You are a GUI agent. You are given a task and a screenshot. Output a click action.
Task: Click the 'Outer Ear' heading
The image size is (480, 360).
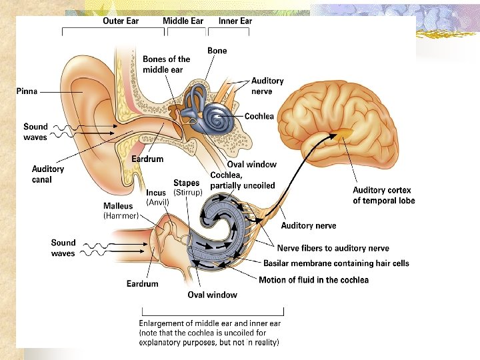click(121, 21)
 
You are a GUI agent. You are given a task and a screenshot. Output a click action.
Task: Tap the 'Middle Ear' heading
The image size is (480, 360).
click(183, 21)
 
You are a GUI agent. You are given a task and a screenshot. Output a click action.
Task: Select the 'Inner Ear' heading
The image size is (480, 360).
click(235, 21)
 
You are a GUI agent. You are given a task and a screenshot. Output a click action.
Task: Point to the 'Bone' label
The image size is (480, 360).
click(217, 51)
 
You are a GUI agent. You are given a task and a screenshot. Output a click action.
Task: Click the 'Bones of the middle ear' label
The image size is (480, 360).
click(167, 64)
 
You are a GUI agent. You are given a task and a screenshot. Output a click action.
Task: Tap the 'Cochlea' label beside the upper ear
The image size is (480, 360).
click(259, 116)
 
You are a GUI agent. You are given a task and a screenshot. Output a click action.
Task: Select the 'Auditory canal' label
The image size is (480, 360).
click(48, 174)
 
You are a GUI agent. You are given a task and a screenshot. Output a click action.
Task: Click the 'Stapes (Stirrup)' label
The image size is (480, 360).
click(188, 187)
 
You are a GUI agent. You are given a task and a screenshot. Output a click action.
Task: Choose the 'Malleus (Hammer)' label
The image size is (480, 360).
click(121, 211)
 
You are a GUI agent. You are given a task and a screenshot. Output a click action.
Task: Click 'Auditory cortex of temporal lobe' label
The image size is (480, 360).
click(383, 195)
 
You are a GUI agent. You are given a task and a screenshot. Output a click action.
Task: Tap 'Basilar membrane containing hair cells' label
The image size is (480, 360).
click(336, 263)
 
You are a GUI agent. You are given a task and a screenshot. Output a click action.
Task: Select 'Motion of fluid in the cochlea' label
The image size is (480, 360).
click(313, 280)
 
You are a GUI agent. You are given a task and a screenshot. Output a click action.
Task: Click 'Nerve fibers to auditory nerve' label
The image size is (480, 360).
click(333, 248)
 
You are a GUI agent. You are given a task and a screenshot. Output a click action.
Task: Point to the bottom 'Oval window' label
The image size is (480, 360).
click(212, 295)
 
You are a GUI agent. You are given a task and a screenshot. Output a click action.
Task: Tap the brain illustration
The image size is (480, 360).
click(347, 120)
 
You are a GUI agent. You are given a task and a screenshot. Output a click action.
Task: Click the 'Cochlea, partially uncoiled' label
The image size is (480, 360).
click(242, 180)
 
